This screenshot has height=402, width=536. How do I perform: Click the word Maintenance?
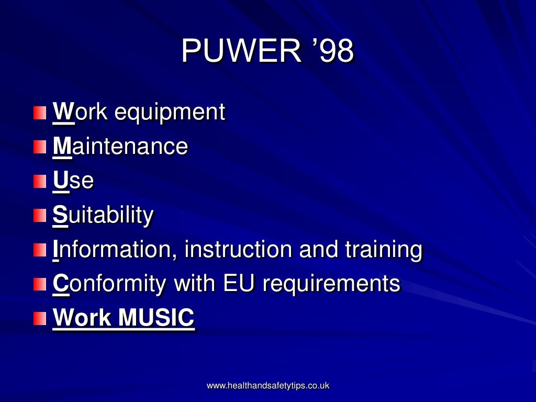[x=120, y=147]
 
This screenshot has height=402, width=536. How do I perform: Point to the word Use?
[x=73, y=181]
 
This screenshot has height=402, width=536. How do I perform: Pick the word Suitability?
[x=103, y=215]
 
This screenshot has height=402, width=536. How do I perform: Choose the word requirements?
[x=331, y=284]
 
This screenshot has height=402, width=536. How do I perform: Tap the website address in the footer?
[x=268, y=386]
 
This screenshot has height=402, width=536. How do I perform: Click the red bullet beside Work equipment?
[x=40, y=113]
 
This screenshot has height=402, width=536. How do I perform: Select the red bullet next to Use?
[x=40, y=181]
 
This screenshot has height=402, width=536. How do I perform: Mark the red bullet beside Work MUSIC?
[x=40, y=318]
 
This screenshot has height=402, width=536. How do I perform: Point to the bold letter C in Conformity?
[x=61, y=284]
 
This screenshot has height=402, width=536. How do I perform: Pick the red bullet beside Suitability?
[x=40, y=216]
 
